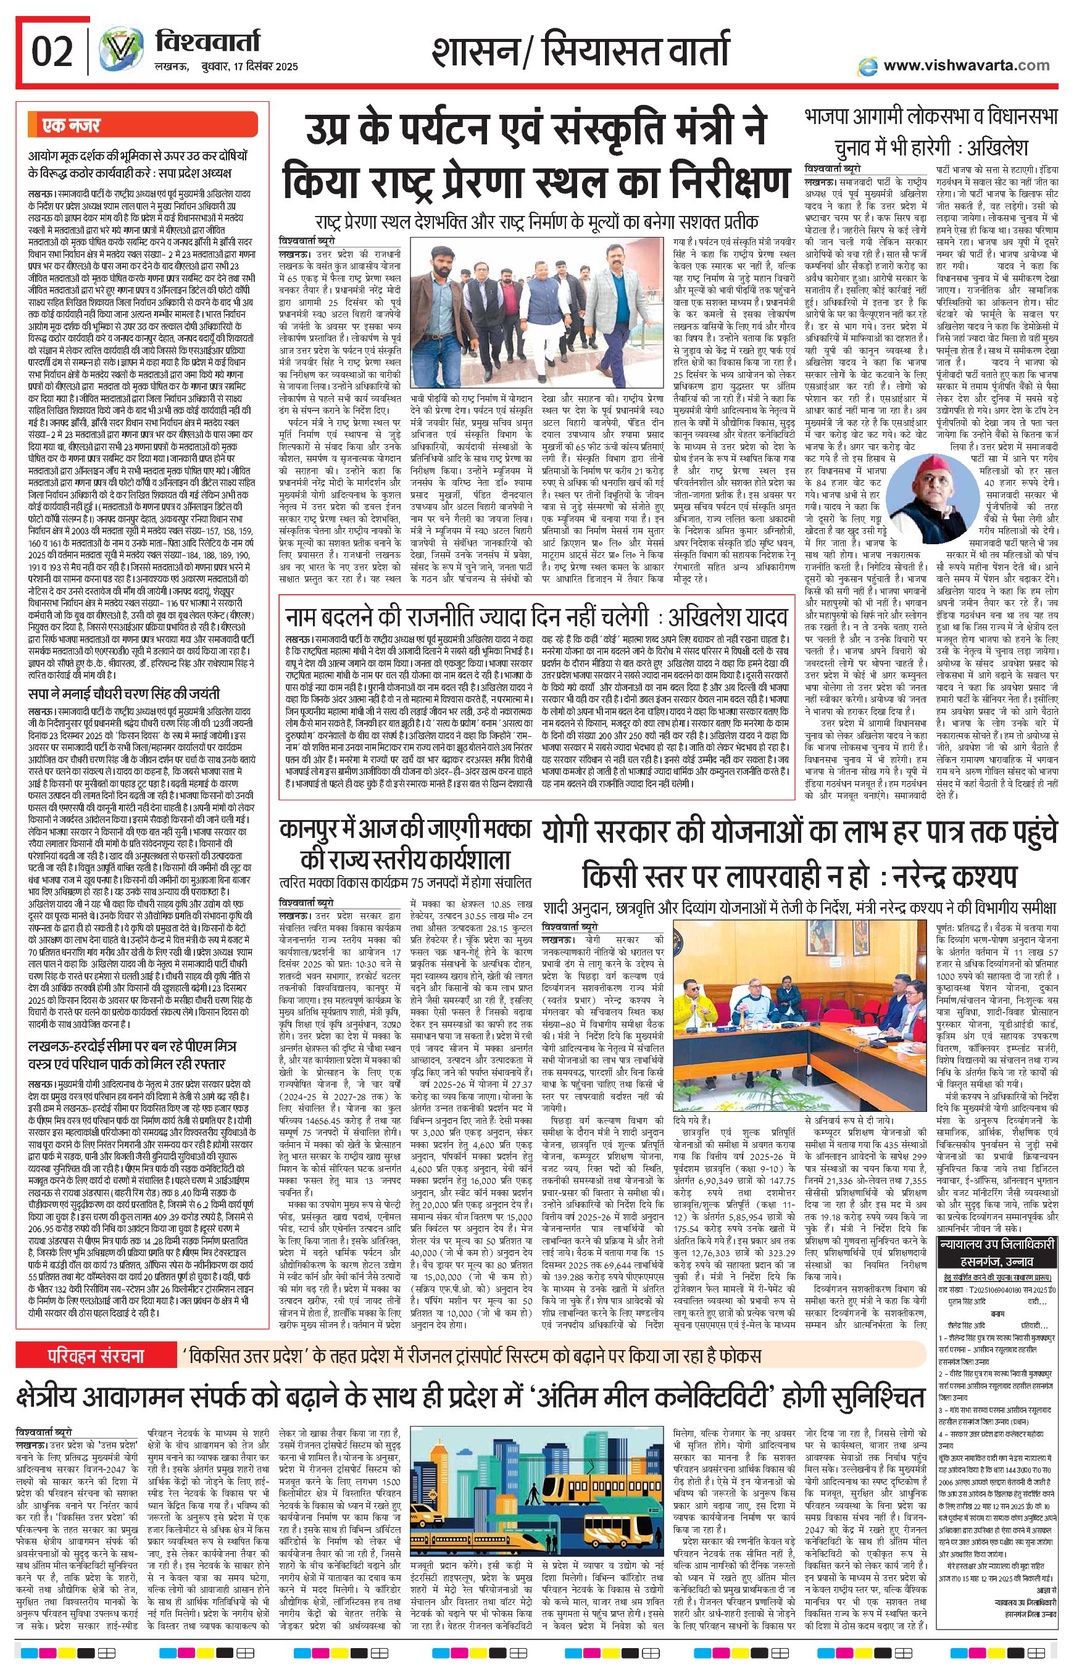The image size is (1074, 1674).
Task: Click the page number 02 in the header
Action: (x=52, y=51)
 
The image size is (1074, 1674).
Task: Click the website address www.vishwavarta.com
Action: (x=966, y=65)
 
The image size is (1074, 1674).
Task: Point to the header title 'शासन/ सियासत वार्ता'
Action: (x=580, y=52)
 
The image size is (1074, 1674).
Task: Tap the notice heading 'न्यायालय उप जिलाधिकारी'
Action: (x=998, y=1243)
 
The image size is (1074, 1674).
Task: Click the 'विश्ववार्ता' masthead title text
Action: (x=207, y=43)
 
